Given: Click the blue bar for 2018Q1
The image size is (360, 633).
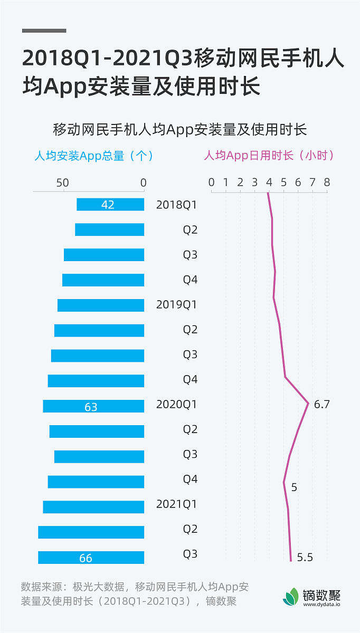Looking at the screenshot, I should tap(110, 204).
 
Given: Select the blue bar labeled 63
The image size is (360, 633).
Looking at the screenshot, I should tap(93, 406).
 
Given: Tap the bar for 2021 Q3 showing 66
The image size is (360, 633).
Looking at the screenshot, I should tap(91, 558).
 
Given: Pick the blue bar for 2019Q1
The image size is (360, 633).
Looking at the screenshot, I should tap(101, 305).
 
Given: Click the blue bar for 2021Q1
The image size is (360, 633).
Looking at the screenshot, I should tap(93, 507).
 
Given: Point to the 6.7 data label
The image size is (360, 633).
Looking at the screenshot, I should tap(321, 405).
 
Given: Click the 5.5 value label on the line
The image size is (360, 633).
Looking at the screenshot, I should tap(305, 557).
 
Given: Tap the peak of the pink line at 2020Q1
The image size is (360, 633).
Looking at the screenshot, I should tap(308, 404).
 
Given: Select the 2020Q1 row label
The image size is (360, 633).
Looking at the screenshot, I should tap(176, 405).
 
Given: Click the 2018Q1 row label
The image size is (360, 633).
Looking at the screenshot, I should tap(176, 205).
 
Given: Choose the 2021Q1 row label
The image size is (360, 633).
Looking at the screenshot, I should tap(176, 504).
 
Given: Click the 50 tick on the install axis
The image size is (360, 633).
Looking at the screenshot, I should tap(62, 183).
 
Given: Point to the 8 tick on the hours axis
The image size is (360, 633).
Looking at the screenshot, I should tap(327, 182).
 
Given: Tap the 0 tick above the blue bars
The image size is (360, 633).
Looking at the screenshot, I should tap(144, 183).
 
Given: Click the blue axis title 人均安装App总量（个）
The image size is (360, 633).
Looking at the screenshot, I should tap(93, 156).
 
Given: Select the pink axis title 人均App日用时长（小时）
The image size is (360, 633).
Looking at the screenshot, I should tap(269, 156).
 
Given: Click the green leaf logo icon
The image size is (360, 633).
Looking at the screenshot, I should tap(291, 597).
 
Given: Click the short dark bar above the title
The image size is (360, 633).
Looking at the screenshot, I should tap(44, 31).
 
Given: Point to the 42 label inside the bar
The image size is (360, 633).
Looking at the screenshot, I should tap(108, 205).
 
